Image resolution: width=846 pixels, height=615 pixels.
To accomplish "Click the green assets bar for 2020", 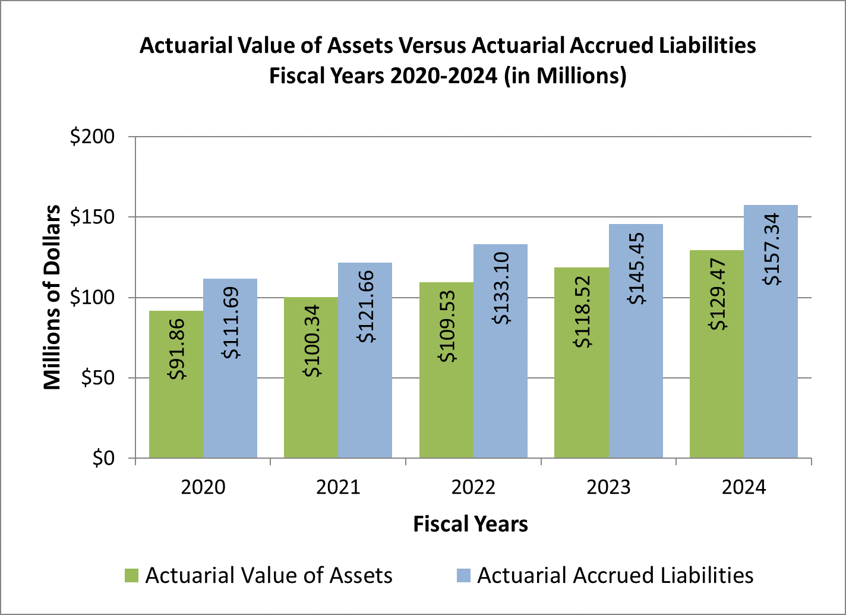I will click(x=176, y=416).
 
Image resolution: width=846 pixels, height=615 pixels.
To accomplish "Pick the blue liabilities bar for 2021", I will click(x=365, y=404).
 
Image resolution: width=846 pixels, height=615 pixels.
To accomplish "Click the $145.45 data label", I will click(x=637, y=264).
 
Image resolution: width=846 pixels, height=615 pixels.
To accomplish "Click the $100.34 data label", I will click(x=312, y=340).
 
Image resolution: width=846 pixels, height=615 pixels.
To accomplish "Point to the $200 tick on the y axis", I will click(x=96, y=137).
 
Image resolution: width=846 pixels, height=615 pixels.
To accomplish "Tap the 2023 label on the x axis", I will click(x=608, y=488).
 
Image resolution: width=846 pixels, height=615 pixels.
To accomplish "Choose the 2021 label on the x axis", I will click(x=338, y=488).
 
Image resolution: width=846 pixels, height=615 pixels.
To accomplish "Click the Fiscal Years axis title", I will click(x=471, y=524).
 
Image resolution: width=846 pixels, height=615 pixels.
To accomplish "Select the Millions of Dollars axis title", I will click(x=52, y=297).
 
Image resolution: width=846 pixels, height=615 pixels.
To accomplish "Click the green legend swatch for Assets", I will click(x=131, y=575).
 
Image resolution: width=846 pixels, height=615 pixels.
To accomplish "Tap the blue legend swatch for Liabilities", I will click(x=463, y=575).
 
